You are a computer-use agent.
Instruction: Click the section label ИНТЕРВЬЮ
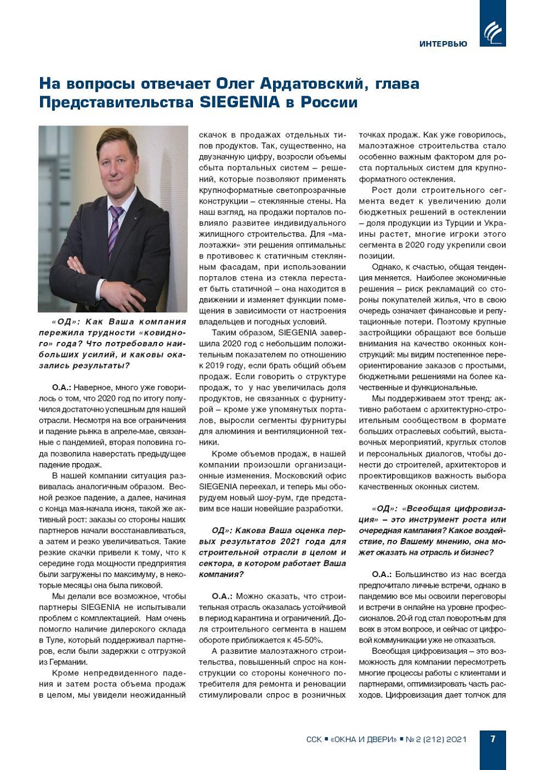tap(443, 44)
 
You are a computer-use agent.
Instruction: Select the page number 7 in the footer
tap(493, 739)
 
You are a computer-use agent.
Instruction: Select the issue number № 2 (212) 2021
tap(436, 739)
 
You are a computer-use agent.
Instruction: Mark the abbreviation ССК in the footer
tap(314, 739)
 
